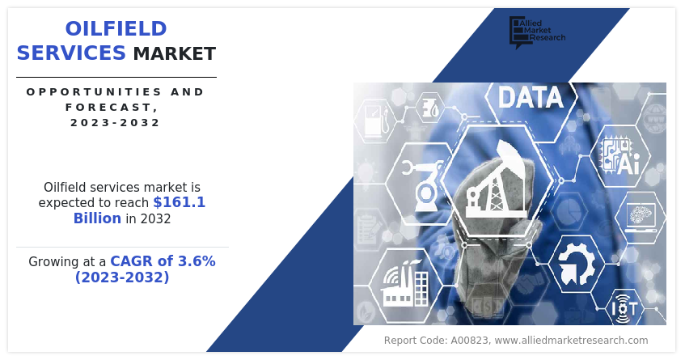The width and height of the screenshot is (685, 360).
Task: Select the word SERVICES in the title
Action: [x=71, y=53]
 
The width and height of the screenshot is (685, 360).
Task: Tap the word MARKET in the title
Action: [x=175, y=54]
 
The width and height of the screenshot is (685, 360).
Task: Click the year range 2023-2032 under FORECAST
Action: [x=115, y=123]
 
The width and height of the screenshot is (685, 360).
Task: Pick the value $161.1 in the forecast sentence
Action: [x=180, y=202]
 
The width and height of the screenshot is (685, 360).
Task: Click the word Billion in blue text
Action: [x=97, y=218]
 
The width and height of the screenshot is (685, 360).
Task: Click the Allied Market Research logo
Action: [x=536, y=31]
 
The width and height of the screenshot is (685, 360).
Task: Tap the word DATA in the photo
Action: [x=531, y=98]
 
